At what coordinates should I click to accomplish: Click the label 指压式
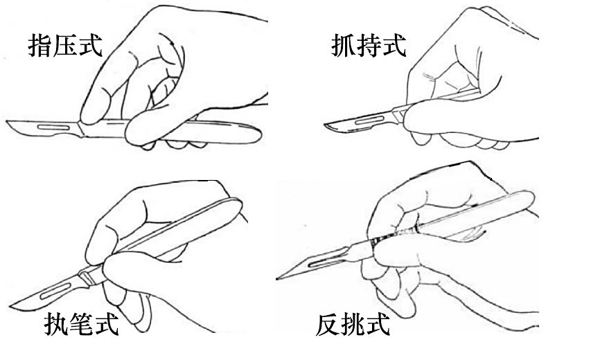tap(65, 46)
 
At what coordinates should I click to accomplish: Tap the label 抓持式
tap(369, 46)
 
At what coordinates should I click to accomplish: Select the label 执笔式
tap(81, 324)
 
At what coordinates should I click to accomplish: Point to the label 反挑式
tap(353, 324)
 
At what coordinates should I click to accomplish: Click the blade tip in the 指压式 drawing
tap(7, 122)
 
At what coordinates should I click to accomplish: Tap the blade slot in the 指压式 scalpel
tap(53, 127)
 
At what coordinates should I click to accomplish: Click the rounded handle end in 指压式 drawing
tap(257, 134)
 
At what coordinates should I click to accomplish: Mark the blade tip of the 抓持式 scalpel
tap(325, 125)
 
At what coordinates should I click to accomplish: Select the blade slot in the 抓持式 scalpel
tap(369, 120)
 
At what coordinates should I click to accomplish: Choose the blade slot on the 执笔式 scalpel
tap(55, 291)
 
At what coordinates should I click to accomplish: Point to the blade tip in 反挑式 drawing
tap(277, 278)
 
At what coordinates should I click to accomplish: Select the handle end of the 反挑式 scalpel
tap(530, 197)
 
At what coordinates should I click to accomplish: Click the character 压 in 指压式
tap(65, 46)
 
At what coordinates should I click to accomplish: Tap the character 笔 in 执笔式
tap(81, 324)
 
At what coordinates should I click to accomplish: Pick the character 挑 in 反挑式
tap(353, 324)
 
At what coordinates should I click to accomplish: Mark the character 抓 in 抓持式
tap(343, 46)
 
